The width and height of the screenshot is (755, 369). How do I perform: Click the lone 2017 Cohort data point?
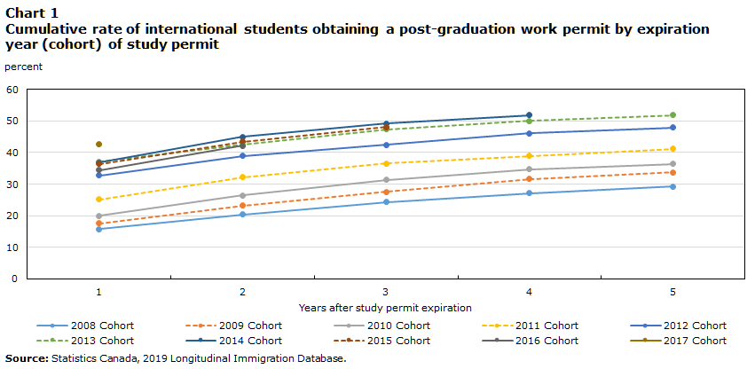[x=98, y=144]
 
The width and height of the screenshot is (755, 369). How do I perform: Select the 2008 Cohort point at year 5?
[x=672, y=186]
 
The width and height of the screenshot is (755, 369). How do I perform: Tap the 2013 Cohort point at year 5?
[x=672, y=115]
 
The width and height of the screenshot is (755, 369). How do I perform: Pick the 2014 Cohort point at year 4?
[x=529, y=115]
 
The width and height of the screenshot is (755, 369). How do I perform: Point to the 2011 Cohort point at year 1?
[x=98, y=200]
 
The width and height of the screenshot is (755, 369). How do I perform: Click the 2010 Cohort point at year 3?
[x=386, y=180]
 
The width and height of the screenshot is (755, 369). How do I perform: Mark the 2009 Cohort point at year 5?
[x=672, y=172]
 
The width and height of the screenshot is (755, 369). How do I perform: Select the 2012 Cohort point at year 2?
[x=242, y=156]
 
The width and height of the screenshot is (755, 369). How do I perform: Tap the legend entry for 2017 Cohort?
[x=692, y=341]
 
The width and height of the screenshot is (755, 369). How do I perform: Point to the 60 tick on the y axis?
[x=12, y=90]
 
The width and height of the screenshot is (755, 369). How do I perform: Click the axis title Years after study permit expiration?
[x=385, y=308]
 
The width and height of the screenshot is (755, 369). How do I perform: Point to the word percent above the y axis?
[x=23, y=67]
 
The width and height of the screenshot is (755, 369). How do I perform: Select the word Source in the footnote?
[x=26, y=358]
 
